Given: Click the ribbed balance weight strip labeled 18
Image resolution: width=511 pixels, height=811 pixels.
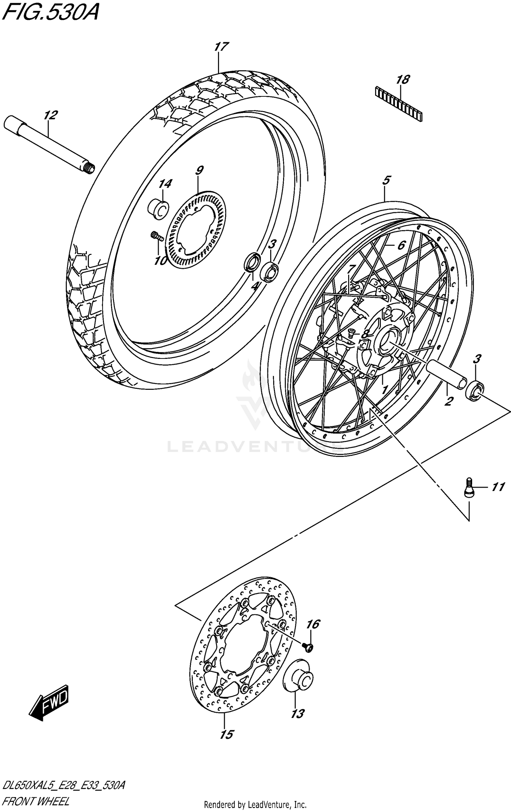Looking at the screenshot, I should coord(399,104).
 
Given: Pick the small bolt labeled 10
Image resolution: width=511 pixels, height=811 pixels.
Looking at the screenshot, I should coord(156,235).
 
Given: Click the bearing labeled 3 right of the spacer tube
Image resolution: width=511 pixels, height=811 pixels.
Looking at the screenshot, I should coord(475,391).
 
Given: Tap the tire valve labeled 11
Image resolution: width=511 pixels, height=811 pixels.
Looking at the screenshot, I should coord(469,487).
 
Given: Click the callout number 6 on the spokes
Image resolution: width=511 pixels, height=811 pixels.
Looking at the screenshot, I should coord(401,245).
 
